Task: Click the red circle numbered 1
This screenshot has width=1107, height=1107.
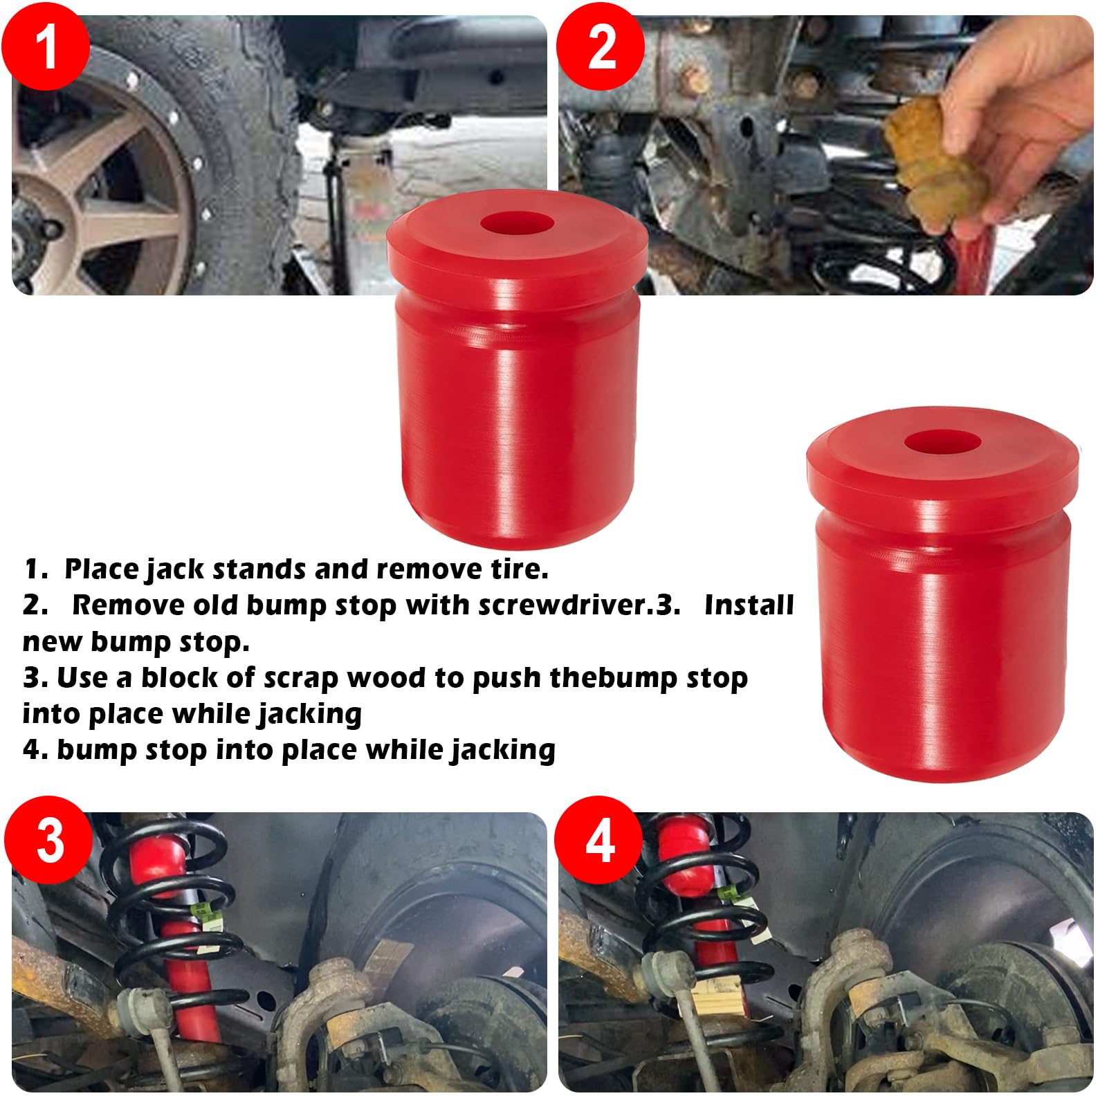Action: coord(46,46)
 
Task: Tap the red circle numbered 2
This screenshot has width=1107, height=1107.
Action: coord(601,46)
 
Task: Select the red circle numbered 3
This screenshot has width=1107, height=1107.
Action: coord(48,840)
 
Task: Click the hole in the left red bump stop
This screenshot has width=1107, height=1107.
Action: coord(518,225)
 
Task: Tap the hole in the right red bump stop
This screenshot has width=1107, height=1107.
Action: coord(941,441)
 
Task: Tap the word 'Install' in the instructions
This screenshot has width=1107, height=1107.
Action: coord(749,605)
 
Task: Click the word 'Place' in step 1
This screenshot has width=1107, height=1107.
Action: coord(101,569)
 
